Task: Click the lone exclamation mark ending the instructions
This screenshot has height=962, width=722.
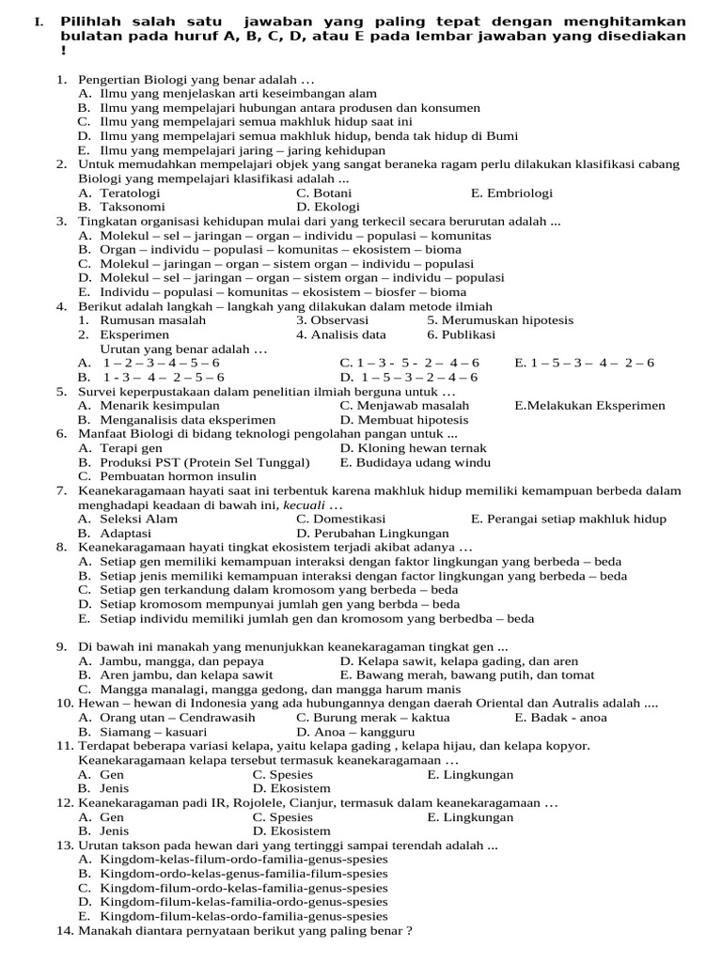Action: click(63, 50)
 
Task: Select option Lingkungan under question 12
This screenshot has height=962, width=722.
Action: click(479, 817)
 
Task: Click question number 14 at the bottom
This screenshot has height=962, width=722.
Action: click(65, 931)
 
